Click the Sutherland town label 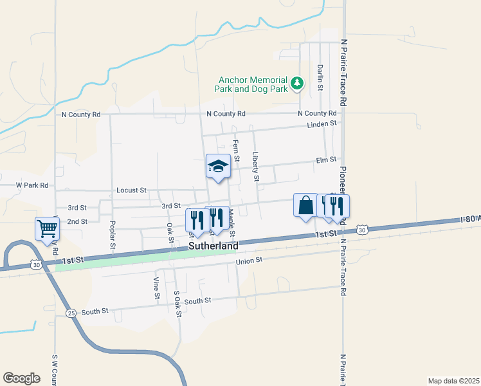click(213, 246)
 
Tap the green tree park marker click(296, 82)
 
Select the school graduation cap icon click(218, 166)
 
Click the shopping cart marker click(48, 228)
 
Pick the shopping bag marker click(306, 205)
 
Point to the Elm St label click(326, 160)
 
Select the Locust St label click(132, 190)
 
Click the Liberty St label click(256, 166)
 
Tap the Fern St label click(236, 151)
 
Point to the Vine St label click(156, 288)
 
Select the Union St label click(250, 261)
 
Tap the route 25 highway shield click(70, 313)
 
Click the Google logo click(22, 378)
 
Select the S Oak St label click(177, 304)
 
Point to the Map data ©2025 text click(453, 381)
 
